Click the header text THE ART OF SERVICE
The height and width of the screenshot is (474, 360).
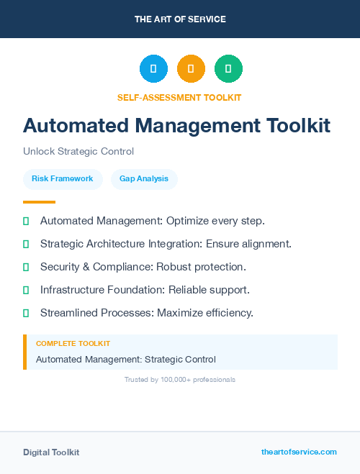pyautogui.click(x=180, y=19)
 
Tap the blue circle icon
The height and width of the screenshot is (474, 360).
pyautogui.click(x=153, y=69)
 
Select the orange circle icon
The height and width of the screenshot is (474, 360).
pyautogui.click(x=191, y=69)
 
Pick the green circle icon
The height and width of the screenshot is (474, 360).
pyautogui.click(x=228, y=69)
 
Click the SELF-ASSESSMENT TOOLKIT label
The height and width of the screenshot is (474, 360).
pyautogui.click(x=179, y=97)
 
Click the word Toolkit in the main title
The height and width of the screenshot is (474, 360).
pyautogui.click(x=297, y=125)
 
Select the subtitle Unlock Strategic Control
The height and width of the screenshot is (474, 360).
pyautogui.click(x=78, y=151)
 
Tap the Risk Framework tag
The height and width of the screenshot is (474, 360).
pyautogui.click(x=63, y=178)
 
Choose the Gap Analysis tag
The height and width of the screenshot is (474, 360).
pyautogui.click(x=144, y=178)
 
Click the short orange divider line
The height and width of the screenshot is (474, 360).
pyautogui.click(x=39, y=202)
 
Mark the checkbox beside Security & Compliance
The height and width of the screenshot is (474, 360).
pyautogui.click(x=26, y=267)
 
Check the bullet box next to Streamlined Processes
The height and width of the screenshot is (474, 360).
pyautogui.click(x=26, y=313)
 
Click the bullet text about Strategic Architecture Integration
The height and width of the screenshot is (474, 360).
pyautogui.click(x=166, y=244)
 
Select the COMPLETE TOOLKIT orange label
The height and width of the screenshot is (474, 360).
pyautogui.click(x=73, y=344)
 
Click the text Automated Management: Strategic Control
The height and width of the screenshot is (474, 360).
pyautogui.click(x=126, y=359)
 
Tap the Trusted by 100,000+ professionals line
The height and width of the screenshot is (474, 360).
pyautogui.click(x=180, y=379)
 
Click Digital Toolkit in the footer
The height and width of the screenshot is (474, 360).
pyautogui.click(x=51, y=452)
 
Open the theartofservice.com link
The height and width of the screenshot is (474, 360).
pyautogui.click(x=299, y=452)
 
